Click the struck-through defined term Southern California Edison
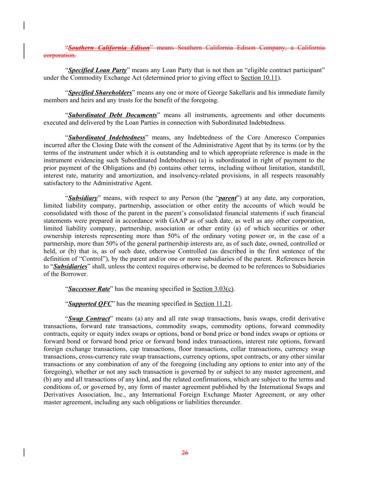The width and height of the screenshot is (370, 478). (x=109, y=48)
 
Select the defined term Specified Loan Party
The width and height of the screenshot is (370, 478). (x=97, y=70)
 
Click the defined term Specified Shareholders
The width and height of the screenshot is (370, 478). (x=100, y=93)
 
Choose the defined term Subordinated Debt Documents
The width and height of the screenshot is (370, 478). (x=112, y=115)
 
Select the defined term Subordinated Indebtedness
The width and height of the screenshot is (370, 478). (x=107, y=138)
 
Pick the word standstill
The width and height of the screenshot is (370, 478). (x=312, y=168)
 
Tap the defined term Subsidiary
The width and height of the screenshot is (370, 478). (x=82, y=198)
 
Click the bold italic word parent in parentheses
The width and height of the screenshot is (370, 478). (x=227, y=198)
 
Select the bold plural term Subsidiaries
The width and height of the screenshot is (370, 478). (x=70, y=266)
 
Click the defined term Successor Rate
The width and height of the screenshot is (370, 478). (x=89, y=289)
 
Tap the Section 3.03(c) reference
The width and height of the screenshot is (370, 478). (x=213, y=289)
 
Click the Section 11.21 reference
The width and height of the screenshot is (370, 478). (x=213, y=304)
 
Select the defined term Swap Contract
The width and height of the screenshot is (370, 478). (x=89, y=319)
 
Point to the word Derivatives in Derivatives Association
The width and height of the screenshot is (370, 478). (x=59, y=395)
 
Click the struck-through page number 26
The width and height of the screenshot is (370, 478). (x=185, y=453)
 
